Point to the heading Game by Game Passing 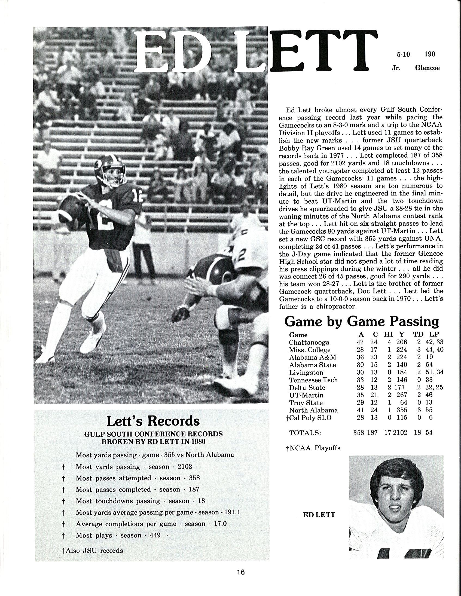[x=362, y=322]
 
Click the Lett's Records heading [x=153, y=421]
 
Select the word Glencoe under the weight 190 [x=427, y=68]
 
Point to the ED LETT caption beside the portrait [x=319, y=515]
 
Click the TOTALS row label [x=305, y=433]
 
